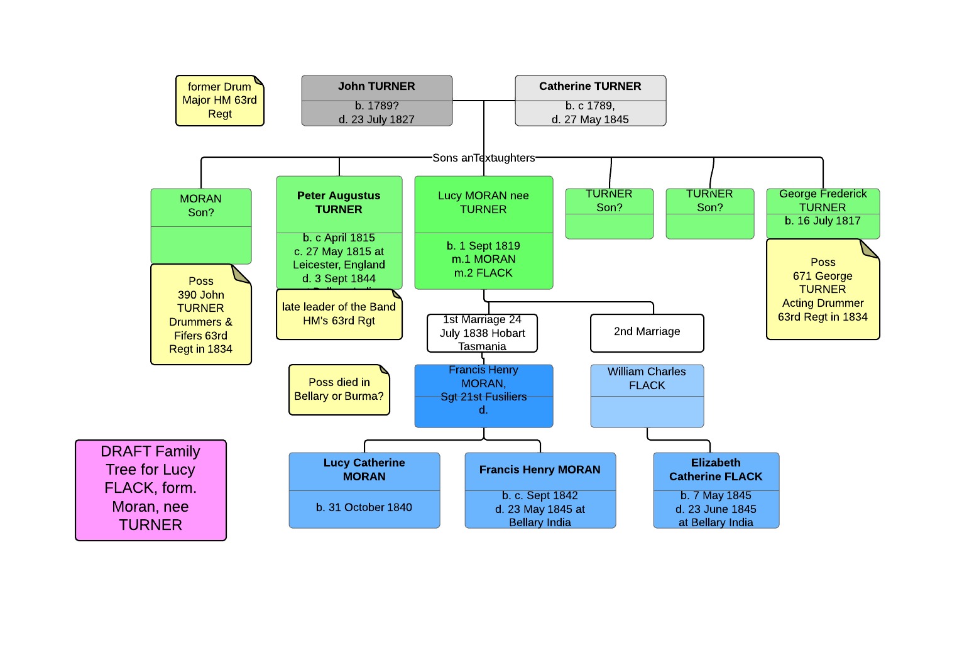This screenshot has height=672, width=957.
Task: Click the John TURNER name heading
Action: coord(376,87)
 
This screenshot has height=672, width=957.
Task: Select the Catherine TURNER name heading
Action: coord(590,87)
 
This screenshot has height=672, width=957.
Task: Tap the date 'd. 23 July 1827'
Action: coord(376,119)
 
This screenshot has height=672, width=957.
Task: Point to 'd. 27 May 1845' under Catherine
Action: coord(590,119)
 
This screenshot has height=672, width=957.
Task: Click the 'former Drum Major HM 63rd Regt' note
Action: coord(219,101)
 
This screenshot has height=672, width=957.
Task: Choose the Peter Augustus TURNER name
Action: coord(339,202)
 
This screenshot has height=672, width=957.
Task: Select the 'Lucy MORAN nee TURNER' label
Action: coord(483,202)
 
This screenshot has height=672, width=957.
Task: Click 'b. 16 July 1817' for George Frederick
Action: coord(823,221)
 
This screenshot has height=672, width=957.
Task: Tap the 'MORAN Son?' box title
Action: coord(201,206)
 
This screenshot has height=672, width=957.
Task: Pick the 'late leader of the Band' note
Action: coord(339,314)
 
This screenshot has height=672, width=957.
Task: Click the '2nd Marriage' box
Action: coord(647,332)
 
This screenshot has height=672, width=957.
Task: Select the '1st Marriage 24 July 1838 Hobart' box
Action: coord(482,333)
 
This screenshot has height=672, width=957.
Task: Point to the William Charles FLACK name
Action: coord(647,378)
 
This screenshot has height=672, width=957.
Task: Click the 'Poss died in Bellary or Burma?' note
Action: coord(339,390)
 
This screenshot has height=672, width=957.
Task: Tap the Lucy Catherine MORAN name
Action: coord(364,470)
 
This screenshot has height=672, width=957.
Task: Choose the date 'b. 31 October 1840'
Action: coord(364,507)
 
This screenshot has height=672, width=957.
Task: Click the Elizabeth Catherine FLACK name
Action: coord(716,470)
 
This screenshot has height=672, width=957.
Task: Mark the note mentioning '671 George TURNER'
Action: coord(823,290)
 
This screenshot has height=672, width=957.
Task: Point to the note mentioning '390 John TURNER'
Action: coord(201,315)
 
